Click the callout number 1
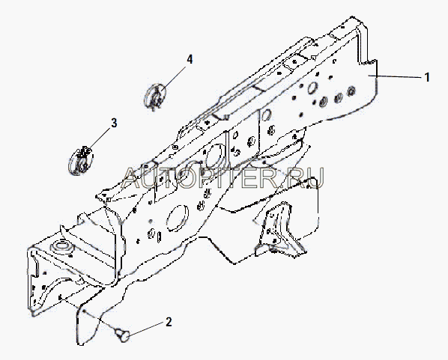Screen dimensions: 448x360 [x=427, y=77]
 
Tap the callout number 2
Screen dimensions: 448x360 [x=169, y=322]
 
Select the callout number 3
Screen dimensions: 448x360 [x=114, y=123]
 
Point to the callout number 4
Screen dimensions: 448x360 [x=190, y=59]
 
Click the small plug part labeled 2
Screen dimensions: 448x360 [x=122, y=335]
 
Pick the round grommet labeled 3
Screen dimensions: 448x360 [x=81, y=161]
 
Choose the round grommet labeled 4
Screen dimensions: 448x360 [x=156, y=96]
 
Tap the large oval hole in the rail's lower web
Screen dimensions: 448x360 [x=177, y=218]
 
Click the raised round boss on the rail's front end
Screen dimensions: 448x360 [x=61, y=246]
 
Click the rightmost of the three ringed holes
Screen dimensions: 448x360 [x=351, y=91]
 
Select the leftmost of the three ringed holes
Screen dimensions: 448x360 [x=323, y=102]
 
